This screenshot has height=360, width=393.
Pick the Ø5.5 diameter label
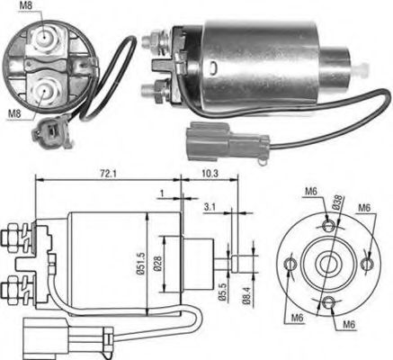223,293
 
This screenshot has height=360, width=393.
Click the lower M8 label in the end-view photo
13,113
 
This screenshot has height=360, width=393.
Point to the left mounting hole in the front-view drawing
289,264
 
